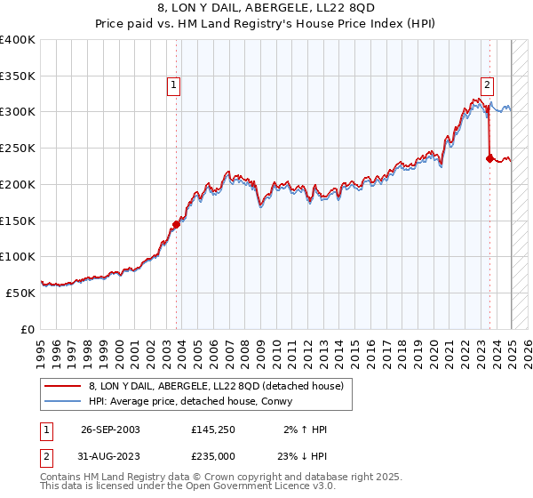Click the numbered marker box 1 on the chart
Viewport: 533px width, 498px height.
tap(173, 85)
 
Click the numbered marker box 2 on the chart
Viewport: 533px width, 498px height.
tap(487, 85)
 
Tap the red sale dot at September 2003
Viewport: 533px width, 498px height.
tap(176, 224)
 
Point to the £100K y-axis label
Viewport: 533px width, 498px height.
tap(17, 256)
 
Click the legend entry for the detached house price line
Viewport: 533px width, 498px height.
tap(221, 385)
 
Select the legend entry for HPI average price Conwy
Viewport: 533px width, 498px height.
tap(195, 400)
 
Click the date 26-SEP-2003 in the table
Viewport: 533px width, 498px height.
tap(110, 430)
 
